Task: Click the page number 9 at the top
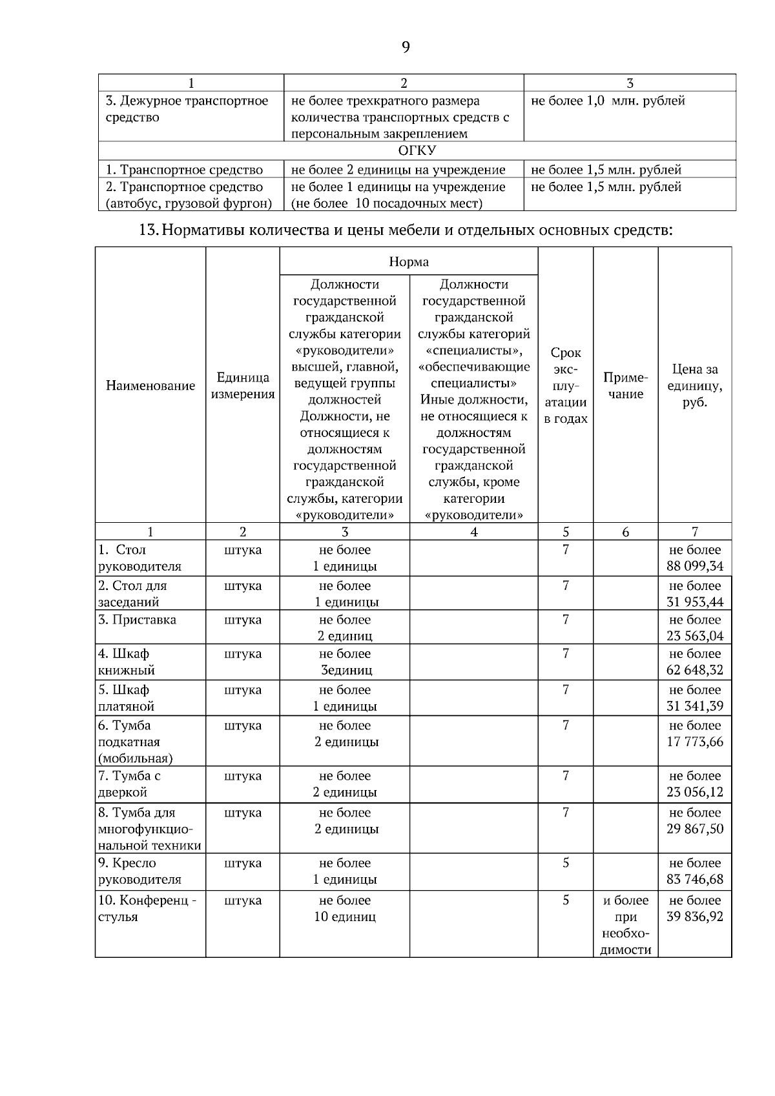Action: point(405,47)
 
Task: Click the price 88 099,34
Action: point(695,567)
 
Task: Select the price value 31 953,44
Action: point(695,602)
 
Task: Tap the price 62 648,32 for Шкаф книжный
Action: point(695,670)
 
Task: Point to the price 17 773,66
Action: point(695,742)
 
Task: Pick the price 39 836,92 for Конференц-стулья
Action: point(695,917)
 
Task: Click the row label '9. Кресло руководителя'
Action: point(139,871)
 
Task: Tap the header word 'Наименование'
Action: point(150,386)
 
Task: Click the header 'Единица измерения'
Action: point(243,386)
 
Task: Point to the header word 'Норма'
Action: point(409,262)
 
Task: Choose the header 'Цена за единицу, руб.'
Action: point(695,386)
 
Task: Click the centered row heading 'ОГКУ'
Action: point(417,151)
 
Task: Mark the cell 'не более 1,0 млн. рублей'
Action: point(608,101)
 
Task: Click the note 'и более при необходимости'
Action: point(625,925)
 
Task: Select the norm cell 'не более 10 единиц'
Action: point(345,908)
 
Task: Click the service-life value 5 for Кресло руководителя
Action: point(566,863)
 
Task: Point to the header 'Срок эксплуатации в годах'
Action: point(566,386)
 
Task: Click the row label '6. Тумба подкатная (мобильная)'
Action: point(135,742)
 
